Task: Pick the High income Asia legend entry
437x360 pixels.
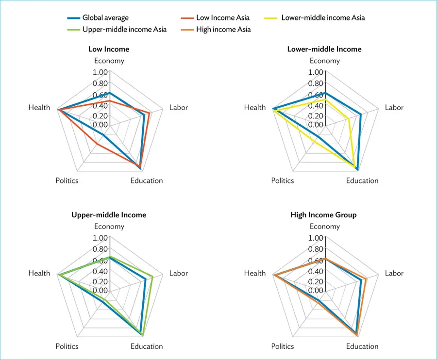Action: pos(223,30)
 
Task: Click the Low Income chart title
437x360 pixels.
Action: pos(109,49)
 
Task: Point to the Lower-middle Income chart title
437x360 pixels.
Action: pos(324,49)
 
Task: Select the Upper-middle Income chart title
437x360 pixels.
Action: pos(109,215)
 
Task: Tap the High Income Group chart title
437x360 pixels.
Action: pos(323,215)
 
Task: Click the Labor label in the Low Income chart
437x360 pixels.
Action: pos(178,108)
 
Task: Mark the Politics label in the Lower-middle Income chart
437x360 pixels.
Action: pos(283,180)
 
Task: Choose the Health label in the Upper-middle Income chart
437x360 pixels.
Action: pos(39,273)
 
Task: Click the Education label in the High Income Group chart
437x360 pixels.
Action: pos(362,346)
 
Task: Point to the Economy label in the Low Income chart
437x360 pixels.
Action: pos(109,61)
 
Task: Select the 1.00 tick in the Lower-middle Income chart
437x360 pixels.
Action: pos(316,72)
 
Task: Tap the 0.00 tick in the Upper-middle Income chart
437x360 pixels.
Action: pos(100,291)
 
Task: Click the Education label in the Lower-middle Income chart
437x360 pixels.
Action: pos(362,180)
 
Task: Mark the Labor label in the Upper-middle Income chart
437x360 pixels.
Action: pos(178,273)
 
